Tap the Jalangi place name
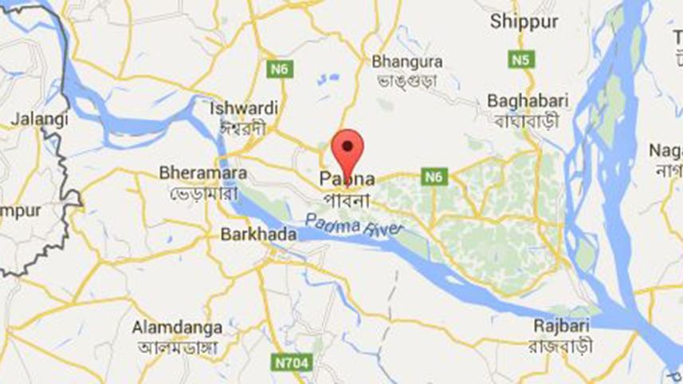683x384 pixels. coord(38,119)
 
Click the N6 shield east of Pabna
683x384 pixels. coord(434,177)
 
